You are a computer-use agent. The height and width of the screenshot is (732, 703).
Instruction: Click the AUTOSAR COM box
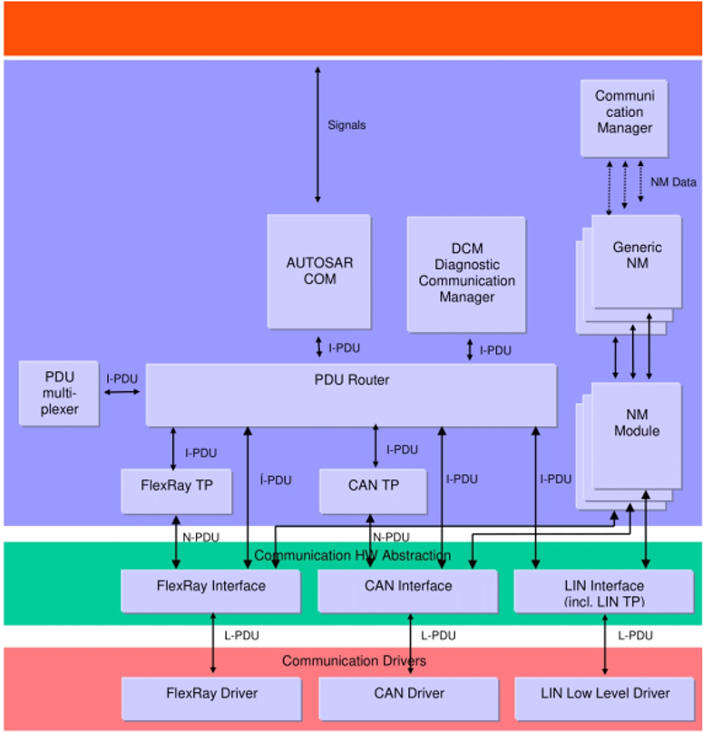tap(318, 270)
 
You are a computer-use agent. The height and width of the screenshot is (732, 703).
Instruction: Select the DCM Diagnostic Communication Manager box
tap(465, 273)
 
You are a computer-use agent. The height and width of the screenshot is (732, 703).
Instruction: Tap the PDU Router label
tap(350, 380)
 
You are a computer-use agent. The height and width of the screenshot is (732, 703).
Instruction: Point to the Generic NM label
tap(637, 255)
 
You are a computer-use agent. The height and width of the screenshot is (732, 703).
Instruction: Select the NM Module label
tap(636, 423)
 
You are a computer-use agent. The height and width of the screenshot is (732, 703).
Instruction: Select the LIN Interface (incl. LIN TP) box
tap(603, 591)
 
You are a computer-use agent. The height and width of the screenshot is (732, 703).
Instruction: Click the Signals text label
tap(347, 125)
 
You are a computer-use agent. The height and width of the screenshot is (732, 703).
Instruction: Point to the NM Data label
tap(673, 182)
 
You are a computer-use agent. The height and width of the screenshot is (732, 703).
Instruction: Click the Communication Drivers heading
tap(353, 661)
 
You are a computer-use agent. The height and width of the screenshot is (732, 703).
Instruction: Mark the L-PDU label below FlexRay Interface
tap(240, 636)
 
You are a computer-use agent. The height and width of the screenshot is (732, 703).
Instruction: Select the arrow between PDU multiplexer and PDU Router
tap(122, 392)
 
